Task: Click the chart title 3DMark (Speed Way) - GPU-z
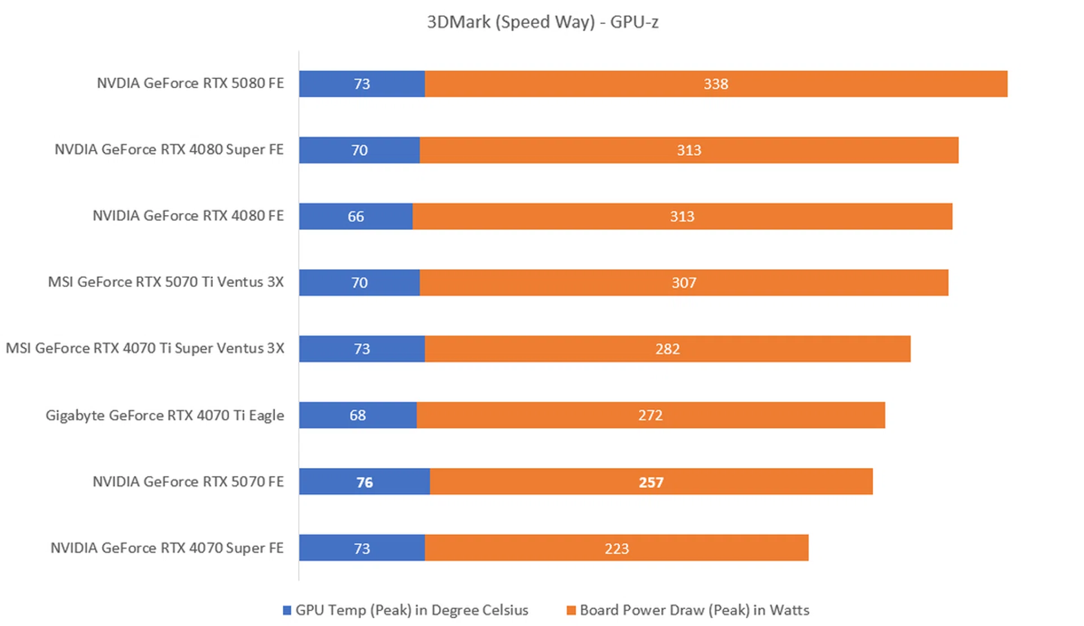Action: click(542, 22)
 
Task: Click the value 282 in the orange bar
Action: click(667, 349)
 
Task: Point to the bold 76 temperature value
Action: click(364, 482)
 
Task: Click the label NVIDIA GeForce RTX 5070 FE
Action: click(188, 481)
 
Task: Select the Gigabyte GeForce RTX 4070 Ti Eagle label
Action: click(165, 415)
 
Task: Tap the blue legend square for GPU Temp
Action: click(287, 610)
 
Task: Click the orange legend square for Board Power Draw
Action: click(571, 610)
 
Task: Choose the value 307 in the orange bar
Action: click(684, 282)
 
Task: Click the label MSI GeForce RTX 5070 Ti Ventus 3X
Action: click(165, 282)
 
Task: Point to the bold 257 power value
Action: click(651, 482)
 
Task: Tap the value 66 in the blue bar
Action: click(356, 216)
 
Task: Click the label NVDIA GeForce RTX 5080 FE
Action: click(190, 83)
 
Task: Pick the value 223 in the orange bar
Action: click(617, 548)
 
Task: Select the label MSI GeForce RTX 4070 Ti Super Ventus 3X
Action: click(145, 348)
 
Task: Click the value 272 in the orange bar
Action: click(650, 415)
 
